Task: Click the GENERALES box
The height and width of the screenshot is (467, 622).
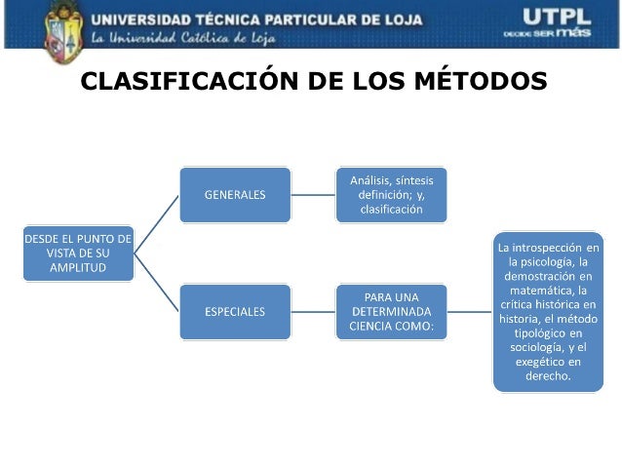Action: [234, 194]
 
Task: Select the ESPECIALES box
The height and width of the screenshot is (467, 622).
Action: [234, 312]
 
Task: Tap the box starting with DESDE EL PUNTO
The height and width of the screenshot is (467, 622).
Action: [78, 253]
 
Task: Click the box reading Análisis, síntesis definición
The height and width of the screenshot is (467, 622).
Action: [391, 195]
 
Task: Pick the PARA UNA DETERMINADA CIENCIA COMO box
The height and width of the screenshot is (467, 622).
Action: [391, 312]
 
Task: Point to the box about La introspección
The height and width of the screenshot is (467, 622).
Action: [548, 311]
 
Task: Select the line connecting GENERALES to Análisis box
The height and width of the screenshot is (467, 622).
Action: [313, 194]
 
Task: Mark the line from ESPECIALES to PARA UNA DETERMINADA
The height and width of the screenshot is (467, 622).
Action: [313, 312]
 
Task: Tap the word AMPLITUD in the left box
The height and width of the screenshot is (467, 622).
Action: [78, 268]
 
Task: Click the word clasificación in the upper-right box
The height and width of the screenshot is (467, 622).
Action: [391, 209]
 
